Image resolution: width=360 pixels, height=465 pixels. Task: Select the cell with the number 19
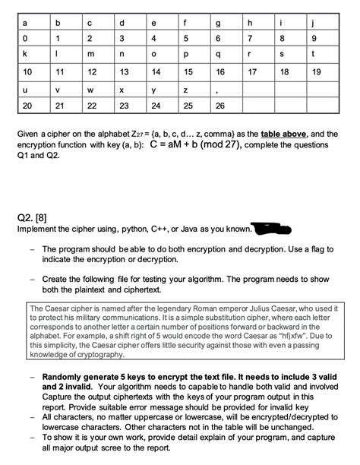[317, 72]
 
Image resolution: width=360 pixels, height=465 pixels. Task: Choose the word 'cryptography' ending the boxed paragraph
[96, 355]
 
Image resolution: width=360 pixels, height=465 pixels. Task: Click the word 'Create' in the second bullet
[57, 279]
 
